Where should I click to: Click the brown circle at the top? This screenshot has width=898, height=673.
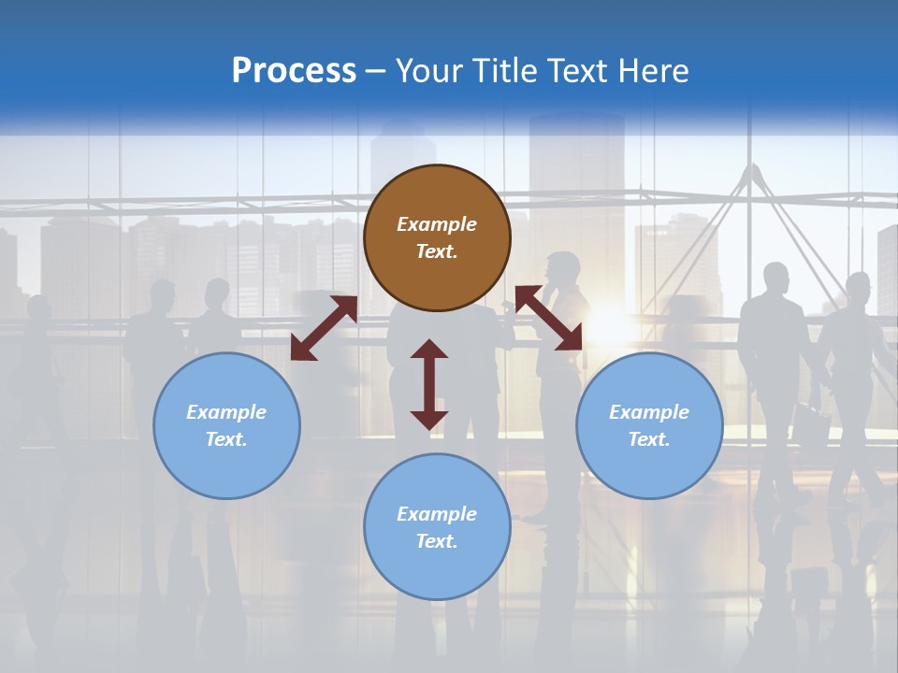(x=437, y=238)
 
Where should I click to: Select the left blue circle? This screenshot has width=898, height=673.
(x=226, y=425)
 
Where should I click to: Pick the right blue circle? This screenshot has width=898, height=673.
(x=649, y=425)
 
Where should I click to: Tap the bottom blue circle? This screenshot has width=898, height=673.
(x=437, y=527)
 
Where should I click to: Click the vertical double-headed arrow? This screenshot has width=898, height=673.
(x=429, y=384)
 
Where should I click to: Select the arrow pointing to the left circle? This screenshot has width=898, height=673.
(x=324, y=328)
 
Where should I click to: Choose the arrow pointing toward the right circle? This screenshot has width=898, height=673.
(x=548, y=318)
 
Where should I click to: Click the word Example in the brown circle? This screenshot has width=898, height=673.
(x=437, y=224)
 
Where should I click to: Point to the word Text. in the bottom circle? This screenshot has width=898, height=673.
(x=437, y=541)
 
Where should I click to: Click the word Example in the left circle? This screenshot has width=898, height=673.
(x=226, y=412)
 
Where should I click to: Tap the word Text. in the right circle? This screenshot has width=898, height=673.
(x=649, y=439)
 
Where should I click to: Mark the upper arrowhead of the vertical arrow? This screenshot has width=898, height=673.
(x=429, y=350)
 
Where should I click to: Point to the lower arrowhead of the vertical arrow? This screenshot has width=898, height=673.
(x=429, y=420)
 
